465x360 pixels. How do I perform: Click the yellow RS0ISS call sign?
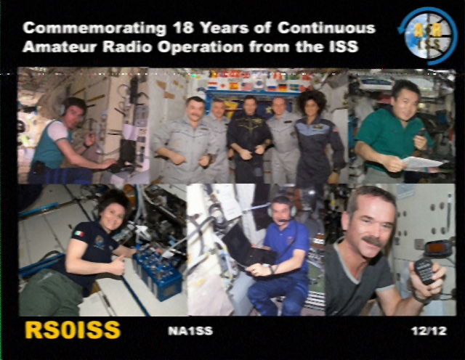pyautogui.click(x=73, y=330)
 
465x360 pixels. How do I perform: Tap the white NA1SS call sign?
pyautogui.click(x=190, y=331)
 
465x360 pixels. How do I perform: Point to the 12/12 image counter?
pyautogui.click(x=429, y=331)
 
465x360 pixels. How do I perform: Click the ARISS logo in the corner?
pyautogui.click(x=427, y=36)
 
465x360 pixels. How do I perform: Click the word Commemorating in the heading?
pyautogui.click(x=94, y=28)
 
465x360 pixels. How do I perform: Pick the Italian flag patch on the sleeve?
pyautogui.click(x=79, y=234)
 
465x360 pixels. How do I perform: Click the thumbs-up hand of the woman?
pyautogui.click(x=118, y=265)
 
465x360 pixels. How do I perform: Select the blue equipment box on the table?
pyautogui.click(x=157, y=274)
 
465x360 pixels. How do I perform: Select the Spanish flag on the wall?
pyautogui.click(x=234, y=86)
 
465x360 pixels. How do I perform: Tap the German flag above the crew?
pyautogui.click(x=283, y=88)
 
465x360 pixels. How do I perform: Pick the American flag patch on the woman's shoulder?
pyautogui.click(x=336, y=129)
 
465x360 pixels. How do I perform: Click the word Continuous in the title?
pyautogui.click(x=326, y=28)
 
